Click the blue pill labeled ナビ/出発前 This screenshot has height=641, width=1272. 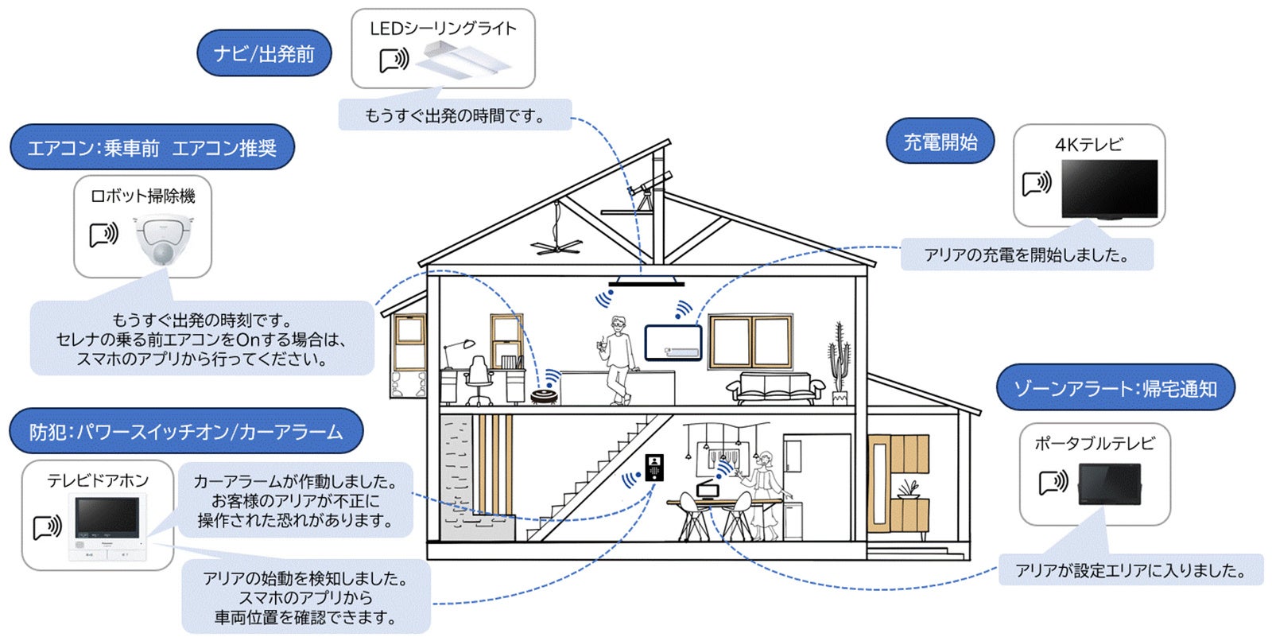point(264,54)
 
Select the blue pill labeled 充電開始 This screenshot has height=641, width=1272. point(940,142)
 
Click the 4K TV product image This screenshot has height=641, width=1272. point(1109,188)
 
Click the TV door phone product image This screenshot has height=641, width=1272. point(107,525)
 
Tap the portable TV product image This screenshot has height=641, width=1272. point(1109,484)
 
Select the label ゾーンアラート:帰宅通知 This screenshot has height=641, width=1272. point(1115,388)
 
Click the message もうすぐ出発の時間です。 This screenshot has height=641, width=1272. point(455,115)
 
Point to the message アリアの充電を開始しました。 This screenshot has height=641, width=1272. point(1026,255)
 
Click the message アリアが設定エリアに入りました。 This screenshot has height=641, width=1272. point(1130,570)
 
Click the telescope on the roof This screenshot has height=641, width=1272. point(648,188)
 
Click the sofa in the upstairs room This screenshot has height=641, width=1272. point(776,387)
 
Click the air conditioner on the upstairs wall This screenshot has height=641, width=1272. point(673,343)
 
